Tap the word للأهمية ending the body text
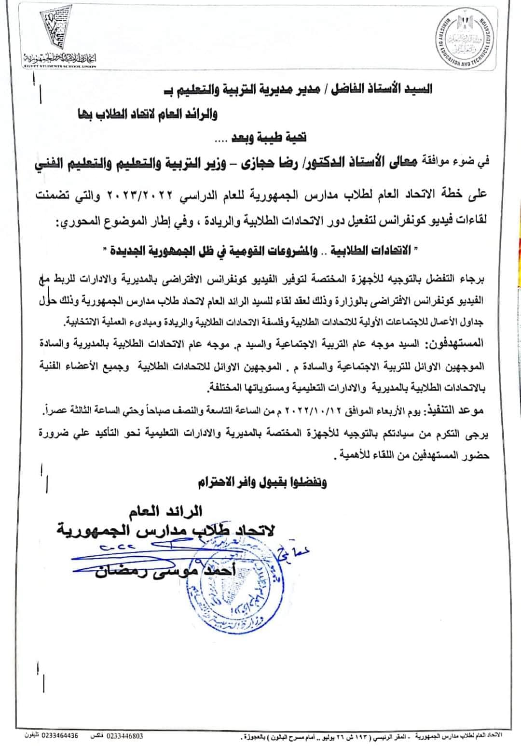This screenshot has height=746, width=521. (354, 455)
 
